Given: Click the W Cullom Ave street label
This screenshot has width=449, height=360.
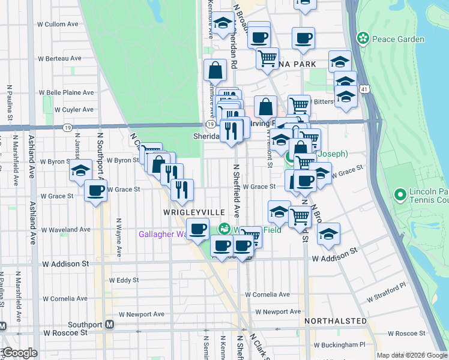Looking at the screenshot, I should [58, 25].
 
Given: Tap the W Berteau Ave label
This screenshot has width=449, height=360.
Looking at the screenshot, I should [59, 58].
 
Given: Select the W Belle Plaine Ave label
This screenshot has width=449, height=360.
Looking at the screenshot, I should [66, 92].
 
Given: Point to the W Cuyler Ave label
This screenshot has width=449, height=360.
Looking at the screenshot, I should [74, 110].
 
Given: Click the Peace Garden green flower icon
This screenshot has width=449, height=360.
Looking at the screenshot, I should [363, 39].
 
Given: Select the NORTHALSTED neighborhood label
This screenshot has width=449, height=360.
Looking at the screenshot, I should [335, 321].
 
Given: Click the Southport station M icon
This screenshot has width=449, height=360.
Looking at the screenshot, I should [109, 325].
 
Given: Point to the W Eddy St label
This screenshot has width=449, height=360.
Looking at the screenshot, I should [124, 280].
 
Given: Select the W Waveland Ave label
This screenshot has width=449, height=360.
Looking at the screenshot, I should [65, 230].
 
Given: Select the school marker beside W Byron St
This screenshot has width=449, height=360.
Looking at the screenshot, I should [80, 170].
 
